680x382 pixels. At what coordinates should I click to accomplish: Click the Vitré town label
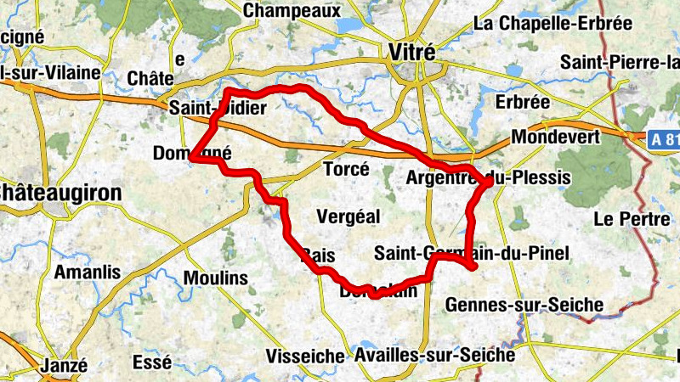[411, 52]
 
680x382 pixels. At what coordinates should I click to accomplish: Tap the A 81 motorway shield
[666, 140]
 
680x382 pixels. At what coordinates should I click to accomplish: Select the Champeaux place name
[292, 11]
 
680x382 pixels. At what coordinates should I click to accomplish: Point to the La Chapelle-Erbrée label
[552, 24]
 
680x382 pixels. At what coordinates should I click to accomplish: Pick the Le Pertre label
[632, 219]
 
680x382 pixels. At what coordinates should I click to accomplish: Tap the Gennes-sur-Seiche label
[524, 304]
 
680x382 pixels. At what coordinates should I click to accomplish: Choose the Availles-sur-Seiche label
[435, 354]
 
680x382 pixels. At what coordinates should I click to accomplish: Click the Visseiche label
[304, 356]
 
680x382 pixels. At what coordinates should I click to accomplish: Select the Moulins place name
[215, 278]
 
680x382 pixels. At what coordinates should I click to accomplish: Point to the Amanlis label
[87, 272]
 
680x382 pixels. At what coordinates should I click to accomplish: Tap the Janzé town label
[64, 366]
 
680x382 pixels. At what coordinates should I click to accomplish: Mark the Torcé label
[347, 170]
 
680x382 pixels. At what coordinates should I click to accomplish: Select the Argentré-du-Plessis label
[488, 177]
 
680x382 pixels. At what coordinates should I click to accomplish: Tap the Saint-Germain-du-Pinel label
[471, 253]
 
